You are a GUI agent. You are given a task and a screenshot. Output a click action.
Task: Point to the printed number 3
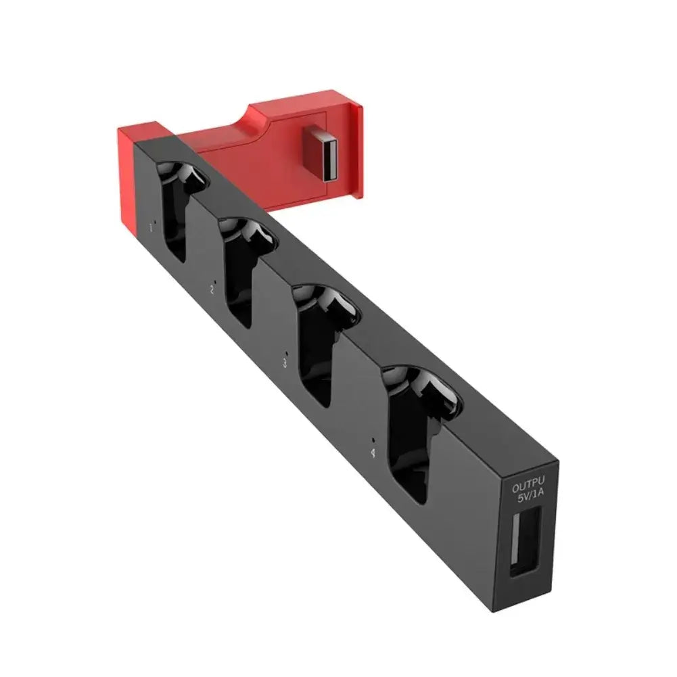[285, 363]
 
